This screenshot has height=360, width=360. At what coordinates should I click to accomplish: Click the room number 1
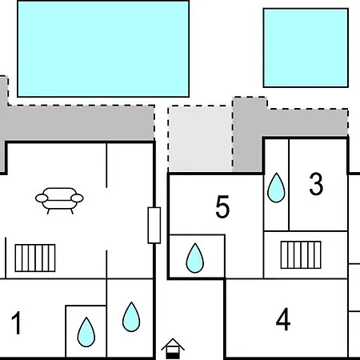16,322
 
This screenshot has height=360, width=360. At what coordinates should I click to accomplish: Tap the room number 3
316,184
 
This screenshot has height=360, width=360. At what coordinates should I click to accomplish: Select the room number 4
283,319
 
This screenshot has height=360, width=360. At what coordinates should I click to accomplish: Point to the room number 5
222,206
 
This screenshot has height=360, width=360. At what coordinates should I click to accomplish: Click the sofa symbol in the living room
59,201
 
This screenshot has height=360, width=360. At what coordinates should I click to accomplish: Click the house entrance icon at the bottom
173,349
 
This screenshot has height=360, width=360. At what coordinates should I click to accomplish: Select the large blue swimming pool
103,49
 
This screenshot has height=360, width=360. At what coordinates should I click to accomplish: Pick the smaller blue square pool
306,48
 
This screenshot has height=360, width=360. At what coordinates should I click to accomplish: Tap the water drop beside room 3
276,188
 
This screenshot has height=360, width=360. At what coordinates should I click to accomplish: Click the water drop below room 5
195,258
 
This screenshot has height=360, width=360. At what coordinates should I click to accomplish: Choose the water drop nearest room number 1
86,332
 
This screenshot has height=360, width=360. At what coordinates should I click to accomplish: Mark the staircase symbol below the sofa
35,258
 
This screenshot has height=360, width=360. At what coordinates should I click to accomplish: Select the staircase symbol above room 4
301,254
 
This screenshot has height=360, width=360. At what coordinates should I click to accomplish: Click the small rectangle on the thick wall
154,226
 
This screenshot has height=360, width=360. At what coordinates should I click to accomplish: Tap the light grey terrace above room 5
200,138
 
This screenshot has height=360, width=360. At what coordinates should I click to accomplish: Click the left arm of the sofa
42,198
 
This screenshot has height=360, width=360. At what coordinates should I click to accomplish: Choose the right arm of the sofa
78,198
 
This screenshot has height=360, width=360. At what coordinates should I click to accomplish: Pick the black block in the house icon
173,355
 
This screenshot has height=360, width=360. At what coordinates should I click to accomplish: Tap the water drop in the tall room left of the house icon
131,317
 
